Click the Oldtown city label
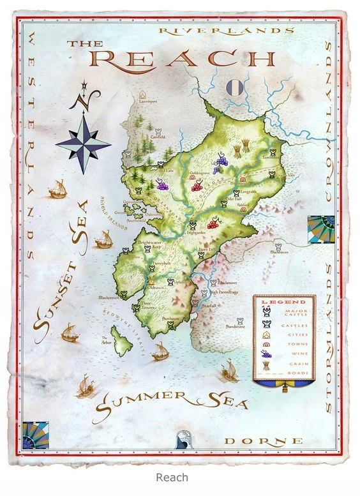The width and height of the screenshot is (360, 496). [154, 287]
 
